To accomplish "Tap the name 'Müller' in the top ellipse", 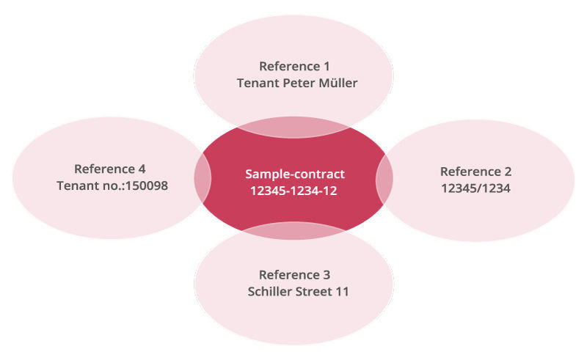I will [x=338, y=83].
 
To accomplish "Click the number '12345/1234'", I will [x=475, y=188].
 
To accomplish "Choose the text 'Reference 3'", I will [x=294, y=275].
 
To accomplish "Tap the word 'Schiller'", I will [x=269, y=292].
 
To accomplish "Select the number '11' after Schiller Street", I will [x=342, y=292].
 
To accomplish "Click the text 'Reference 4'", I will [x=114, y=169].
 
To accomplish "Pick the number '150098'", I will [x=146, y=185].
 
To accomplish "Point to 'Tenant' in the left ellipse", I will [x=78, y=185].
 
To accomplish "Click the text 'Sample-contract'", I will [x=294, y=174].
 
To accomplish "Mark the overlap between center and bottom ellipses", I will [x=293, y=229].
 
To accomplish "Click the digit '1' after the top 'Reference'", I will [x=325, y=66].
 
